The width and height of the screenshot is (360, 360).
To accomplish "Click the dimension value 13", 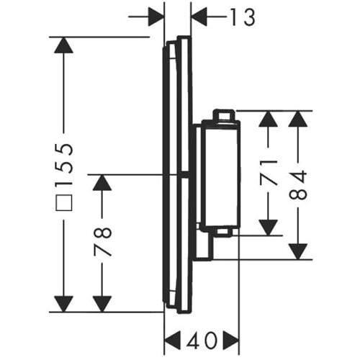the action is coord(243,17).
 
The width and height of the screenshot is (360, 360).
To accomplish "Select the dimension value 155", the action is coord(64,166).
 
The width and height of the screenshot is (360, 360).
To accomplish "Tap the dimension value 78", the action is coord(102,242).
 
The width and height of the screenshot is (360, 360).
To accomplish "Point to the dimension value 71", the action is coord(269,173).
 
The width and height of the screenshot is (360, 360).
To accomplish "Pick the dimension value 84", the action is coord(298,185).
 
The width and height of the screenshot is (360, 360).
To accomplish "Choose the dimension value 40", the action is coord(202,341).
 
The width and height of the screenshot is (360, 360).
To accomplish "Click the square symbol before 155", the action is coord(64,203).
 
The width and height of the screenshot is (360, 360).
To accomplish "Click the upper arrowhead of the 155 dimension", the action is coord(63,45).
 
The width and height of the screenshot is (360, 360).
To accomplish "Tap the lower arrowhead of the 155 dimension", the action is coord(63,304).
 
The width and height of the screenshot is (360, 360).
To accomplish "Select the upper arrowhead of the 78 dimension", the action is coord(102,183).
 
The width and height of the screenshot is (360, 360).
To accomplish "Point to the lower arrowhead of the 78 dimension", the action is coord(102,304).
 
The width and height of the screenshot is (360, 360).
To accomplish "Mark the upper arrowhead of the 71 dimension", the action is coord(269,119).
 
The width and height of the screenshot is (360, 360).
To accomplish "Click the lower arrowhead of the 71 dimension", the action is coord(269,228).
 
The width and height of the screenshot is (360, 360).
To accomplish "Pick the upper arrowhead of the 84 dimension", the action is coord(298,119).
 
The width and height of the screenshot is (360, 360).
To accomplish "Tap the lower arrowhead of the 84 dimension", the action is coord(298,251).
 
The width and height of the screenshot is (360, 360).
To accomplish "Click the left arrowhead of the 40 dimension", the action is coord(172,341).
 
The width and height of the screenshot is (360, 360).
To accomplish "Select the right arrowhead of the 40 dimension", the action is coord(231,341).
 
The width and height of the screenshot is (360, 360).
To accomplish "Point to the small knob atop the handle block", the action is coord(224,115).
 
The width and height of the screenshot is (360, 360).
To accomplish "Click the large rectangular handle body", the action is coord(221,174).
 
